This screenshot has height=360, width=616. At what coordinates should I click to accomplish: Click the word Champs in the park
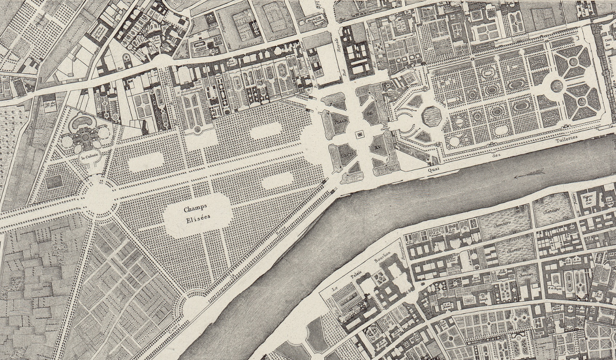[x=196, y=210]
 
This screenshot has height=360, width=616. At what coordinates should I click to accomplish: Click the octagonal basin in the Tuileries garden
[x=431, y=116]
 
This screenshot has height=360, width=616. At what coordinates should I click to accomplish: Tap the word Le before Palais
[x=334, y=291]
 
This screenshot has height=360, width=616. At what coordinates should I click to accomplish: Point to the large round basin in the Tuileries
[x=557, y=85]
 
